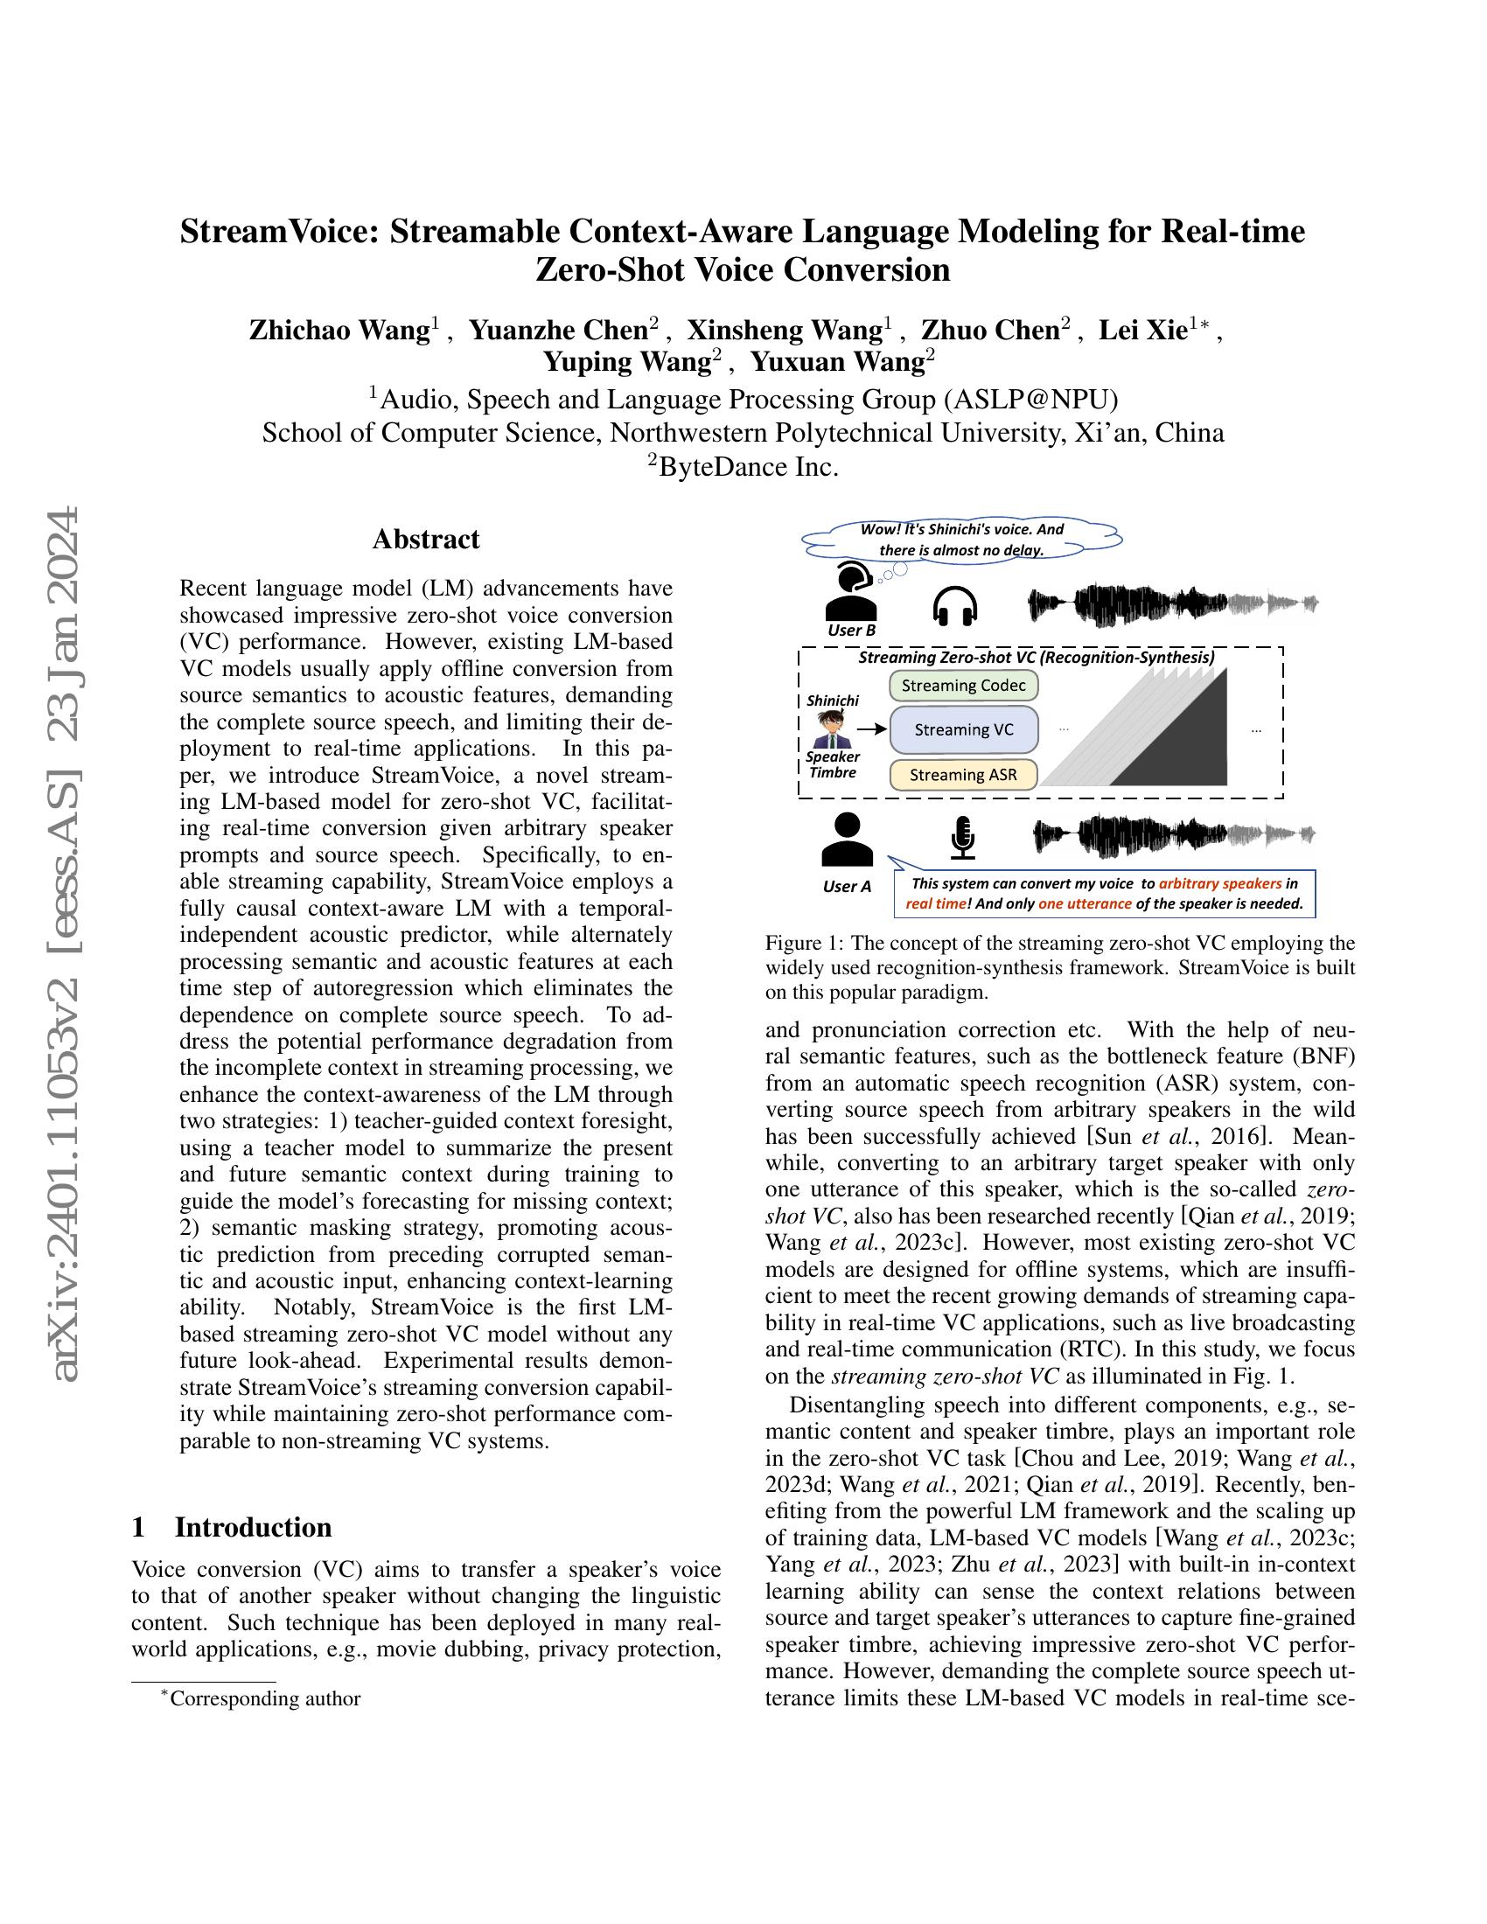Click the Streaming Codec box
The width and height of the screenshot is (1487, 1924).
click(964, 686)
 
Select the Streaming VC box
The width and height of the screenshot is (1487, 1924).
click(964, 729)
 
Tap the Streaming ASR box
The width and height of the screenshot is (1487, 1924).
click(963, 774)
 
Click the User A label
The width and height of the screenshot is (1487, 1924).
click(847, 886)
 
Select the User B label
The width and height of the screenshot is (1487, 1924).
click(851, 630)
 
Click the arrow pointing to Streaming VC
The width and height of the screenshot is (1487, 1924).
click(872, 729)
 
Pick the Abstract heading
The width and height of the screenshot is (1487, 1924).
click(425, 539)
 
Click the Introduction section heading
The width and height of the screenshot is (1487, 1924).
click(253, 1527)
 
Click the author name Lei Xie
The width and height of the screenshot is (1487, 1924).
click(1142, 331)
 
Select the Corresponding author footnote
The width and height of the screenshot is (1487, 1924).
click(264, 1698)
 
